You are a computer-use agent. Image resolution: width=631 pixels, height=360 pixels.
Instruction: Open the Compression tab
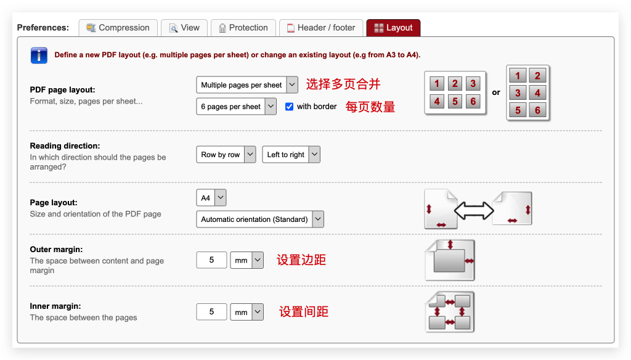coord(118,28)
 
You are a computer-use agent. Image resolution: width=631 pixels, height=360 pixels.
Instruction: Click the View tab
coord(184,28)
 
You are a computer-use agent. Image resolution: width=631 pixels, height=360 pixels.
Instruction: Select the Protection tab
coord(243,28)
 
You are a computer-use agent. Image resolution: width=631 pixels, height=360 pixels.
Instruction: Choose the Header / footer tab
coord(321,28)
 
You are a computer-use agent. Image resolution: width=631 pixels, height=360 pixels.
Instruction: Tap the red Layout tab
coord(393,28)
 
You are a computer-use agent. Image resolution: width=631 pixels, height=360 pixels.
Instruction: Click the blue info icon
coord(39,55)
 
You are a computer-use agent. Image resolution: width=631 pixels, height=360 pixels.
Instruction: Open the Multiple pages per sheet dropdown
coord(247,85)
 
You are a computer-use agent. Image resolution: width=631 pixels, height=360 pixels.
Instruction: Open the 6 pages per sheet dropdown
coord(236,107)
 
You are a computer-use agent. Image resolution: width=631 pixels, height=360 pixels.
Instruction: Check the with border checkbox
coord(289,107)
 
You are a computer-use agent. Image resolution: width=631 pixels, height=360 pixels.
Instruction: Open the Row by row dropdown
coord(226,155)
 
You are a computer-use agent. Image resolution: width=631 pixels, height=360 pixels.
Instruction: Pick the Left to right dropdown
coord(291,155)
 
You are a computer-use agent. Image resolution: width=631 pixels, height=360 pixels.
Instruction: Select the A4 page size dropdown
coord(211,198)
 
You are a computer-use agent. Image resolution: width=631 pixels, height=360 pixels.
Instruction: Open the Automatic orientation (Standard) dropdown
coord(260,219)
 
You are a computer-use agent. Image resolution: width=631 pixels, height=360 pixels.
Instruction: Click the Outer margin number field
coord(212,260)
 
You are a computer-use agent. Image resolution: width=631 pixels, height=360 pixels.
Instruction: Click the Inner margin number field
coord(212,312)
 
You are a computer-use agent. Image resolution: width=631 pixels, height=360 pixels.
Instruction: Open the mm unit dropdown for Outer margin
coord(246,260)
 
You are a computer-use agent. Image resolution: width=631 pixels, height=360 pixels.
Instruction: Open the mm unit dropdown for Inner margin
coord(246,312)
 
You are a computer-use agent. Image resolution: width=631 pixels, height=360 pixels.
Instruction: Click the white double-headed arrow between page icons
coord(474,210)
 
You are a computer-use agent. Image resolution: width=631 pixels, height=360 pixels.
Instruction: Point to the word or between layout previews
coord(496,92)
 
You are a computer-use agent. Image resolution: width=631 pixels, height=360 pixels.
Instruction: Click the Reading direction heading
coord(65,145)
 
